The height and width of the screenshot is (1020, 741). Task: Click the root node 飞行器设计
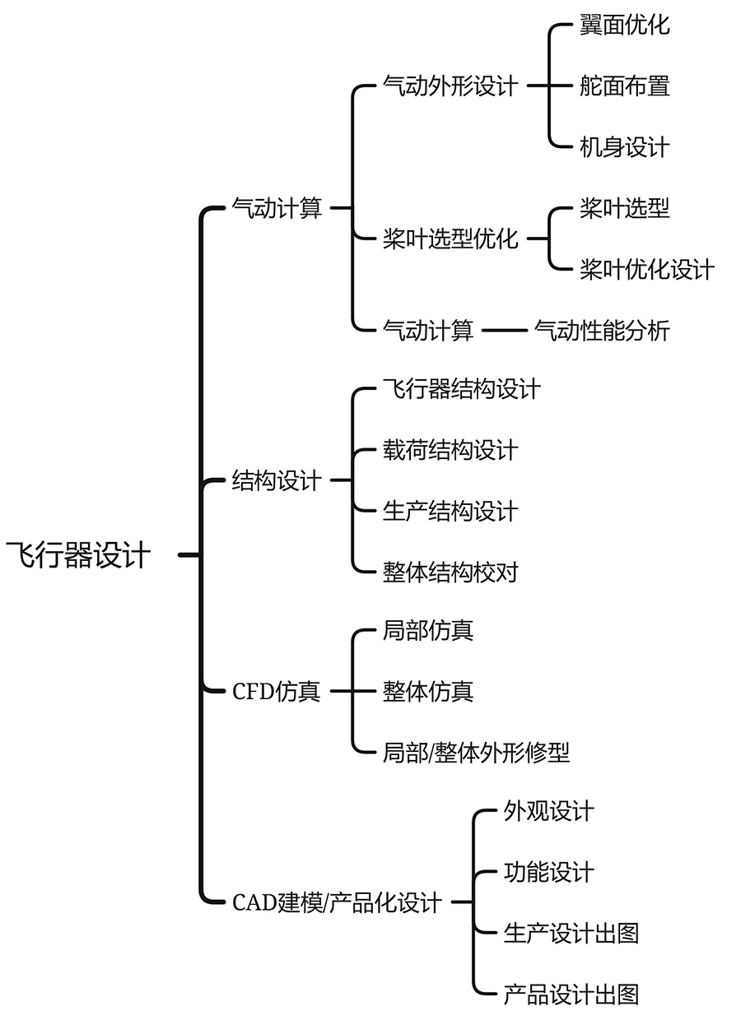(x=79, y=555)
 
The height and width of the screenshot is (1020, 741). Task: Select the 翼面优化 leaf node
(x=624, y=25)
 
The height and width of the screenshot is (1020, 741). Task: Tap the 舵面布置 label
(x=624, y=86)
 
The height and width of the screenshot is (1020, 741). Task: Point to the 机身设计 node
(x=624, y=147)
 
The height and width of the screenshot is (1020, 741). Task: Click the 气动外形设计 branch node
(x=450, y=86)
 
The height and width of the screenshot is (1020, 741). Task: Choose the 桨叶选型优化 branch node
(x=450, y=239)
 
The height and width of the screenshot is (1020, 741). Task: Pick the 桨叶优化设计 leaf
(x=646, y=270)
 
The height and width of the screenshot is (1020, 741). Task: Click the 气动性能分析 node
(x=602, y=331)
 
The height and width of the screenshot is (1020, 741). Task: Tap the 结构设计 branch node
(x=277, y=480)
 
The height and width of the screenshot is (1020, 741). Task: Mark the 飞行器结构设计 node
(x=461, y=388)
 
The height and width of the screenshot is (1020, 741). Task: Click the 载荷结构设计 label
(x=450, y=450)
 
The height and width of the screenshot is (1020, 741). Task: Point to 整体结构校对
(x=450, y=572)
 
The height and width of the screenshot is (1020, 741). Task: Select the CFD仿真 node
(x=276, y=691)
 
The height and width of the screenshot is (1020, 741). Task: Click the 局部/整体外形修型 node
(x=476, y=752)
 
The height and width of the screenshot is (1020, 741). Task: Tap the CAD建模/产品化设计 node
(x=338, y=902)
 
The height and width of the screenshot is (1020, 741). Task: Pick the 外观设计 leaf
(x=548, y=812)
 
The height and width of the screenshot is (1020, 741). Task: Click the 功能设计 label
(x=548, y=873)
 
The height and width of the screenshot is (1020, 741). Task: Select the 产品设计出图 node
(x=571, y=994)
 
